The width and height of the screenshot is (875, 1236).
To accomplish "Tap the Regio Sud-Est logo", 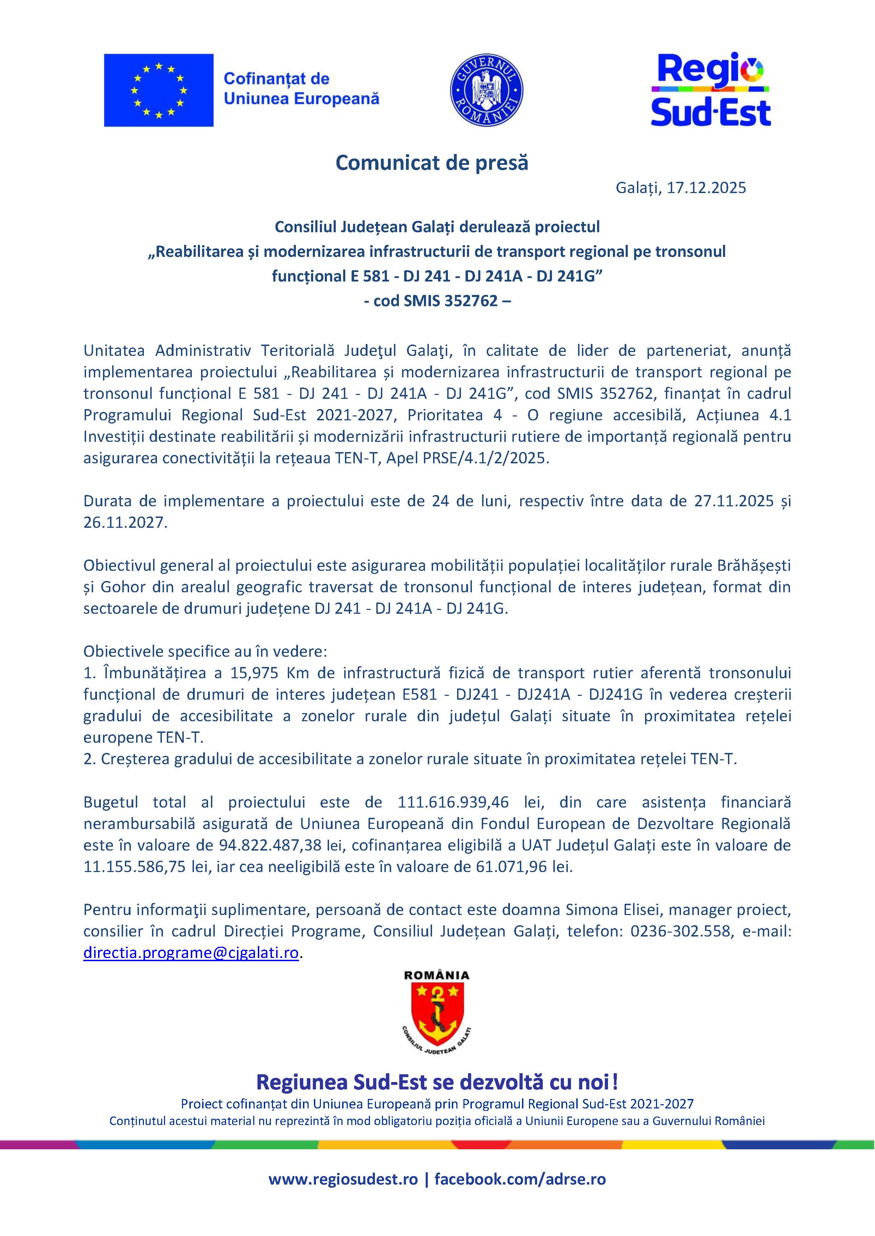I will pyautogui.click(x=710, y=91).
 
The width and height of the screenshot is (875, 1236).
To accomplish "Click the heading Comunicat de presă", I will pyautogui.click(x=432, y=162).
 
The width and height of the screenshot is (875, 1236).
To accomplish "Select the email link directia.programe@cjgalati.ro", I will pyautogui.click(x=191, y=953).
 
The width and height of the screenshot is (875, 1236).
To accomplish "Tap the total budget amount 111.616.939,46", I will pyautogui.click(x=453, y=802).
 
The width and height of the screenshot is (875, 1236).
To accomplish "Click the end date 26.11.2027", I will pyautogui.click(x=123, y=523).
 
